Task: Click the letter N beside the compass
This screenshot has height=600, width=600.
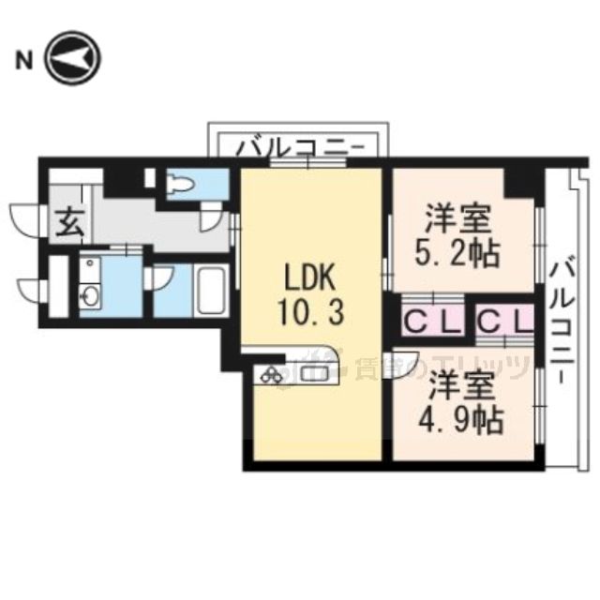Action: [x=22, y=62]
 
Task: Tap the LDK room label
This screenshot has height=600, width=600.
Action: [x=309, y=278]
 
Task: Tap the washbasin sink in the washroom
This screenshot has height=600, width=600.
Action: [x=91, y=298]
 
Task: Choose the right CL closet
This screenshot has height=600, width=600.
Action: [x=504, y=322]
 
